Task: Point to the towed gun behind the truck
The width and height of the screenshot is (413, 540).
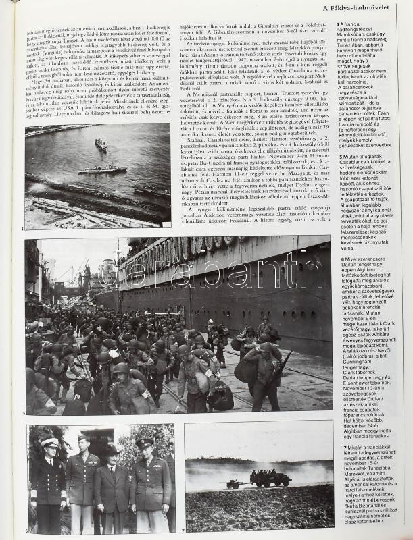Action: click(x=234, y=483)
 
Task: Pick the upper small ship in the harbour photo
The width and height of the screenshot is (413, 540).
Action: click(x=101, y=144)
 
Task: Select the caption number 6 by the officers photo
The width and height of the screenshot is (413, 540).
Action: click(x=26, y=531)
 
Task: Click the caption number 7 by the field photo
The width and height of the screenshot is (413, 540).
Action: click(x=183, y=531)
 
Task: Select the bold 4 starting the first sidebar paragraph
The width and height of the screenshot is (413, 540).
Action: click(x=338, y=24)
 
